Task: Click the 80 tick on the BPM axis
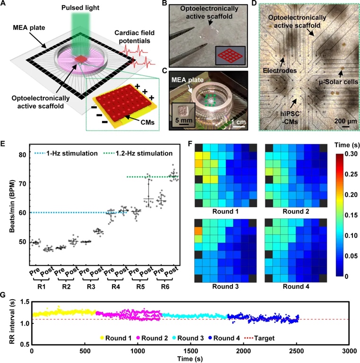pyautogui.click(x=20, y=155)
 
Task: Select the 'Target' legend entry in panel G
pyautogui.click(x=257, y=338)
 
